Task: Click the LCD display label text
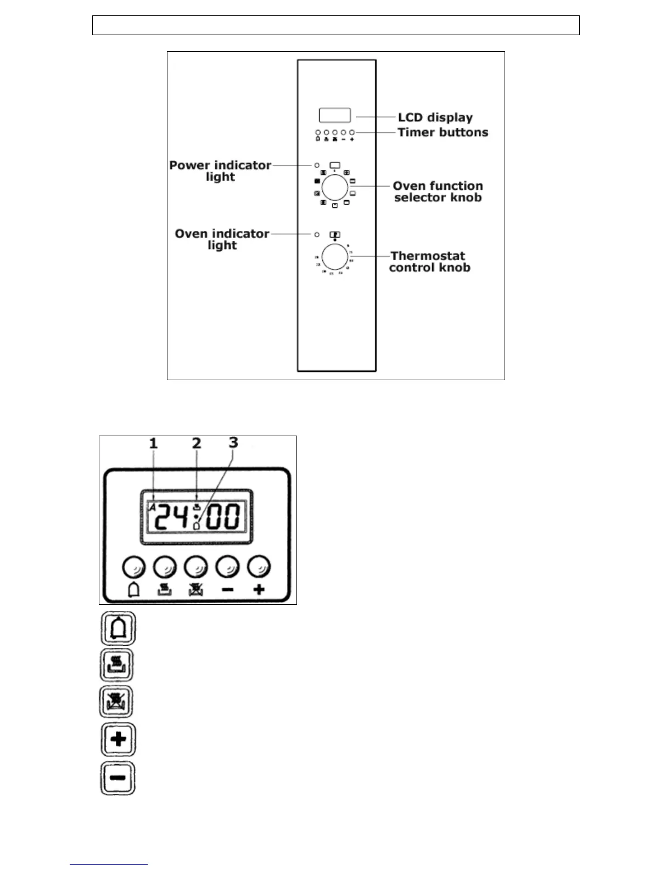coord(435,117)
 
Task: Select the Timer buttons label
coord(443,132)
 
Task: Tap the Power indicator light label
coord(220,171)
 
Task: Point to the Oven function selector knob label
coord(438,191)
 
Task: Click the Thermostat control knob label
coord(429,262)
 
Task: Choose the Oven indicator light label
coord(222,239)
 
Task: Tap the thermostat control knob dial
coord(335,256)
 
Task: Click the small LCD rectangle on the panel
coord(335,115)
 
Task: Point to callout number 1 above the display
coord(154,443)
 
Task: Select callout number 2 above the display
coord(197,443)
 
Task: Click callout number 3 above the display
coord(233,442)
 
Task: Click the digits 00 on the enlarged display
coord(223,517)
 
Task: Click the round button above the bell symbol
coord(133,567)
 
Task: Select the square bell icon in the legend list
coord(118,629)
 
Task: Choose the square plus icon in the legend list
coord(118,740)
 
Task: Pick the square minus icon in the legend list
coord(118,778)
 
